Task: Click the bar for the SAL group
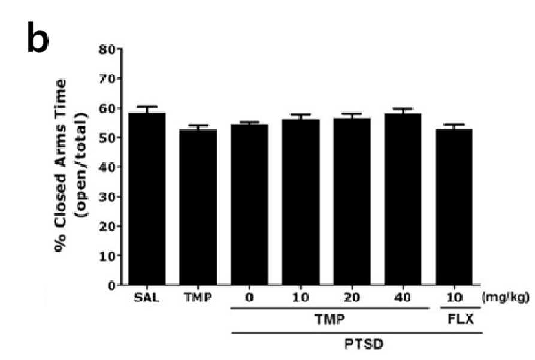coord(147,199)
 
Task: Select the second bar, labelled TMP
coord(198,207)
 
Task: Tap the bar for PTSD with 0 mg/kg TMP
coord(249,204)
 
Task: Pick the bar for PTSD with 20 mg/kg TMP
coord(352,201)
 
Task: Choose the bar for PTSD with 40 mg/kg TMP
coord(403,199)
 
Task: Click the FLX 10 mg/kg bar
coord(454,207)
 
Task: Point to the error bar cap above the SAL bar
coord(147,106)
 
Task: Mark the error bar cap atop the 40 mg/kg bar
coord(403,108)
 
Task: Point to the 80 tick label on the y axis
coord(107,50)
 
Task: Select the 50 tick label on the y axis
coord(107,138)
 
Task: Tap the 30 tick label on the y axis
coord(107,196)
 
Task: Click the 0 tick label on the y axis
coord(111,285)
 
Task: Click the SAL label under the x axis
coord(146,298)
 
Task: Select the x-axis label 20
coord(352,298)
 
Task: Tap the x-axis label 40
coord(403,298)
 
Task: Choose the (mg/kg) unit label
coord(506,298)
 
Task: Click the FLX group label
coord(460,320)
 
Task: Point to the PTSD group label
coord(364,344)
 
